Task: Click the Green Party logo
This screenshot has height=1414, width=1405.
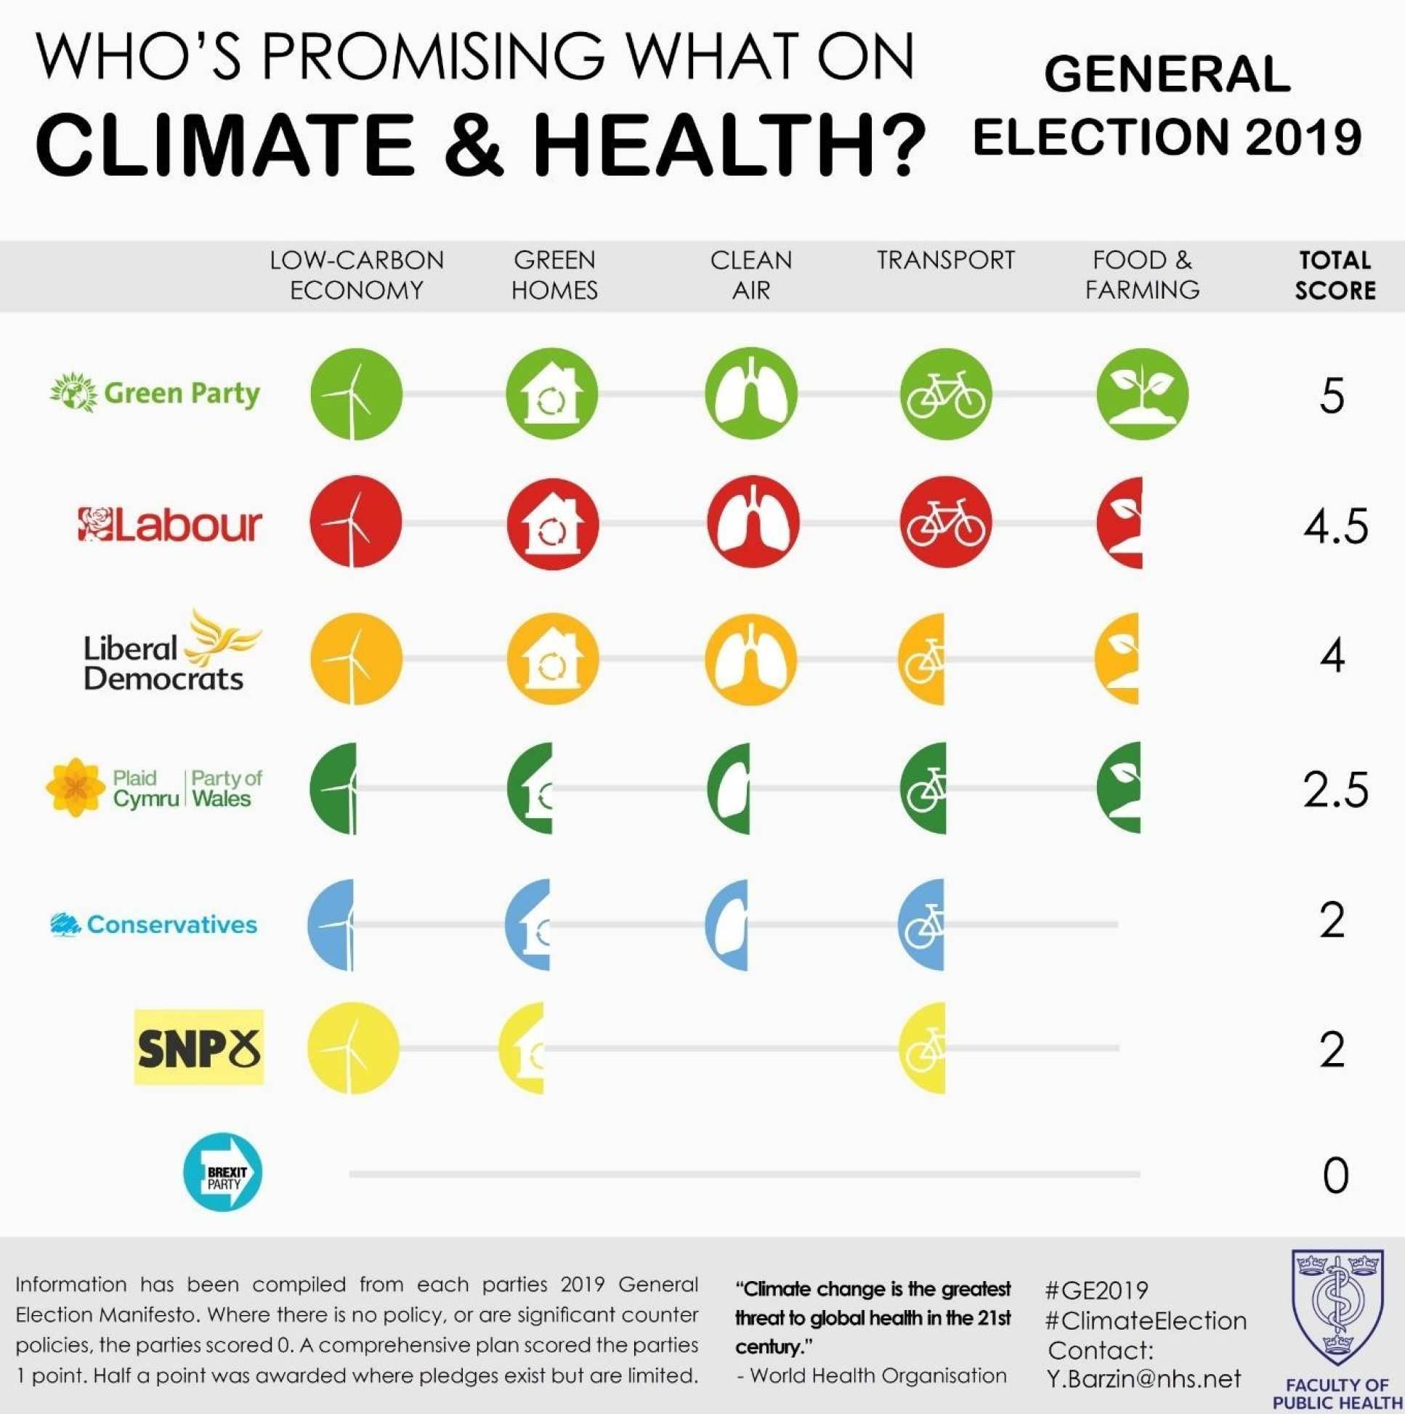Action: coord(155,393)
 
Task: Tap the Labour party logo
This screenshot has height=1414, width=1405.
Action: coord(170,525)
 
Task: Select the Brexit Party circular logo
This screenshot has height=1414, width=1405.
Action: coord(222,1173)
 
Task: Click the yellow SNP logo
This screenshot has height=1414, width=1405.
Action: coord(198,1046)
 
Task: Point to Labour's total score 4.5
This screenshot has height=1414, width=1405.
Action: coord(1335,526)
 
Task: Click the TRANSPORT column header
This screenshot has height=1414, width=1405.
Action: coord(945,261)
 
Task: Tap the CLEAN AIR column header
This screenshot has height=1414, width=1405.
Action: coord(750,275)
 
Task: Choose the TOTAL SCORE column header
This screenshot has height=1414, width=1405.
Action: coord(1335,275)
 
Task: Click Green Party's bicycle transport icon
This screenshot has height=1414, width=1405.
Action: coord(945,394)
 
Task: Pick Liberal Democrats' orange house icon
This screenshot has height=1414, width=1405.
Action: coord(553,659)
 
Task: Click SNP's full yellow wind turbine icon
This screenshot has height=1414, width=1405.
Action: coord(354,1047)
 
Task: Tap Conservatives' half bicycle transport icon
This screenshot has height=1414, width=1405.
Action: coord(922,925)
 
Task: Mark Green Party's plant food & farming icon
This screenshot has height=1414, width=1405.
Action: coord(1141,394)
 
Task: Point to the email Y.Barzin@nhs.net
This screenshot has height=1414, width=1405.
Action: coord(1143,1379)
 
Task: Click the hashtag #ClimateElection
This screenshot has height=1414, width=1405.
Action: coord(1146,1320)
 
